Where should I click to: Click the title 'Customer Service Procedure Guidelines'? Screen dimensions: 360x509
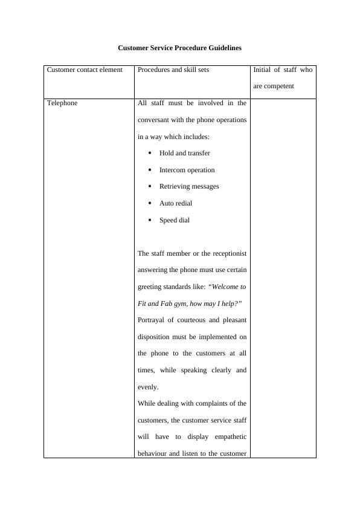click(x=179, y=47)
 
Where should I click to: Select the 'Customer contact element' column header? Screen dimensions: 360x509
click(x=85, y=70)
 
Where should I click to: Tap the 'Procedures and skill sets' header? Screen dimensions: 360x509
click(x=173, y=70)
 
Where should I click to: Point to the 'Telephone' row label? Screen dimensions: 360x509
click(x=62, y=103)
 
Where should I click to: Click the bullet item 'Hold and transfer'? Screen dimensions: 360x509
click(x=185, y=153)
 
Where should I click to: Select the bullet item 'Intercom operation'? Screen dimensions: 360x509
click(x=187, y=170)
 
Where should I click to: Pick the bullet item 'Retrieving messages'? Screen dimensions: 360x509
click(x=189, y=186)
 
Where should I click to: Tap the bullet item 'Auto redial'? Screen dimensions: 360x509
click(x=176, y=203)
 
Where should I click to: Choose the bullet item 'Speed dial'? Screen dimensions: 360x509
click(x=175, y=220)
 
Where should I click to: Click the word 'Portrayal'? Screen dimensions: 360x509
click(x=153, y=320)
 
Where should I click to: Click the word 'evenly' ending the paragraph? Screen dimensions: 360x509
click(x=147, y=387)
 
